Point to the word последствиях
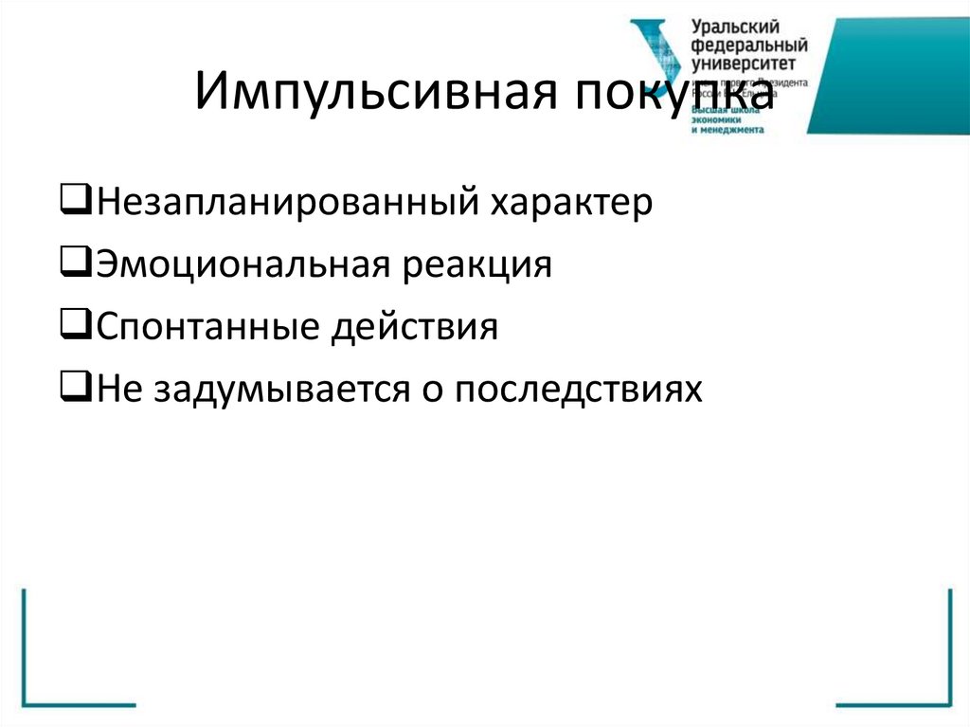tap(579, 389)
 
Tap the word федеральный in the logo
tap(749, 46)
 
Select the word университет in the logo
tap(744, 64)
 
